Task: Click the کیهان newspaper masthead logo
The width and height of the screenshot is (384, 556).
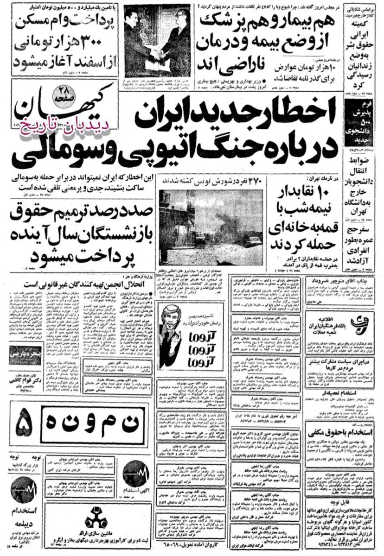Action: click(60, 109)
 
